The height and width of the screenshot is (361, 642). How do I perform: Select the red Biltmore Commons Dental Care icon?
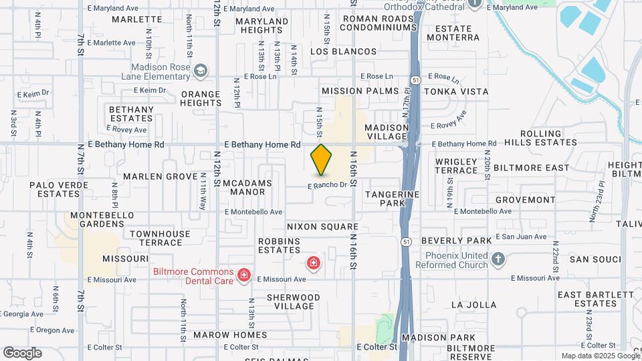tap(244, 275)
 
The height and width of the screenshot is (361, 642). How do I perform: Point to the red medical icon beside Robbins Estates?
tap(312, 263)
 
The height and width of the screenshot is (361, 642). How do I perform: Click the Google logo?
tap(22, 352)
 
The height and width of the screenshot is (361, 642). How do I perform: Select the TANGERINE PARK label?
tap(392, 198)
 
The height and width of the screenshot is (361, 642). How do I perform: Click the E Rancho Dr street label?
tap(328, 185)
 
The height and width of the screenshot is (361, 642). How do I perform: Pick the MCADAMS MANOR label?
tap(243, 187)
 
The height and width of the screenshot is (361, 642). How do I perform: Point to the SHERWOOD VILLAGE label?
tap(294, 302)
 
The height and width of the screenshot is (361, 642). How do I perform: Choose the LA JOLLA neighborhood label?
tap(473, 305)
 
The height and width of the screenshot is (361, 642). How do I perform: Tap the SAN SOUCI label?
tap(592, 259)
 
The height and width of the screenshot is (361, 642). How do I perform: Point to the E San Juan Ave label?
tap(521, 237)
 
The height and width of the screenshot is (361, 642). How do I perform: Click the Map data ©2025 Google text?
tap(599, 356)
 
